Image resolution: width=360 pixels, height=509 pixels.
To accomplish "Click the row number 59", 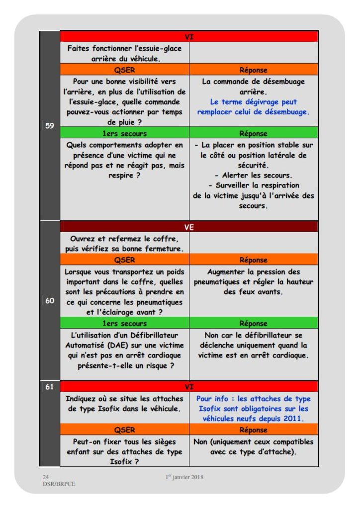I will (x=50, y=126).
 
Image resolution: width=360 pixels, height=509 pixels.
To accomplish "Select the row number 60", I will (x=50, y=300).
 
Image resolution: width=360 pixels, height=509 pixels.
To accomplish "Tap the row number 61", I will (x=50, y=386).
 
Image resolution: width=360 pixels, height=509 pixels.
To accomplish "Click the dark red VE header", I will (x=189, y=227).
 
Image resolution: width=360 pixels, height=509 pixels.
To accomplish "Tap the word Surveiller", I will (x=243, y=185).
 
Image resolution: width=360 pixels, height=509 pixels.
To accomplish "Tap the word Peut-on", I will (x=88, y=441).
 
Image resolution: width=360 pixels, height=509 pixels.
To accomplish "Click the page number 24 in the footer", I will (x=45, y=477).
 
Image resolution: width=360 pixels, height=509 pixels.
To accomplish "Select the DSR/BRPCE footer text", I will (x=56, y=483).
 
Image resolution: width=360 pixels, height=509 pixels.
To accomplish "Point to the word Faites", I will (x=81, y=49).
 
